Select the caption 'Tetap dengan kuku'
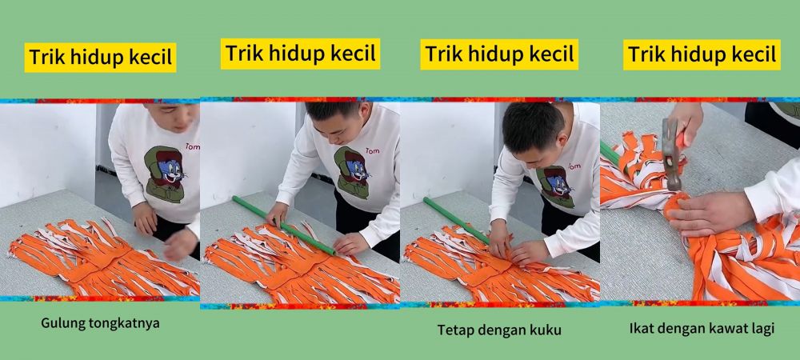coord(499,329)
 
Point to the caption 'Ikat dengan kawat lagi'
coord(702,328)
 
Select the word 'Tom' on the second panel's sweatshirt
coord(372,150)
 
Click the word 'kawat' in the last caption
coord(723,328)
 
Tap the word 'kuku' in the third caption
coord(546,329)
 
